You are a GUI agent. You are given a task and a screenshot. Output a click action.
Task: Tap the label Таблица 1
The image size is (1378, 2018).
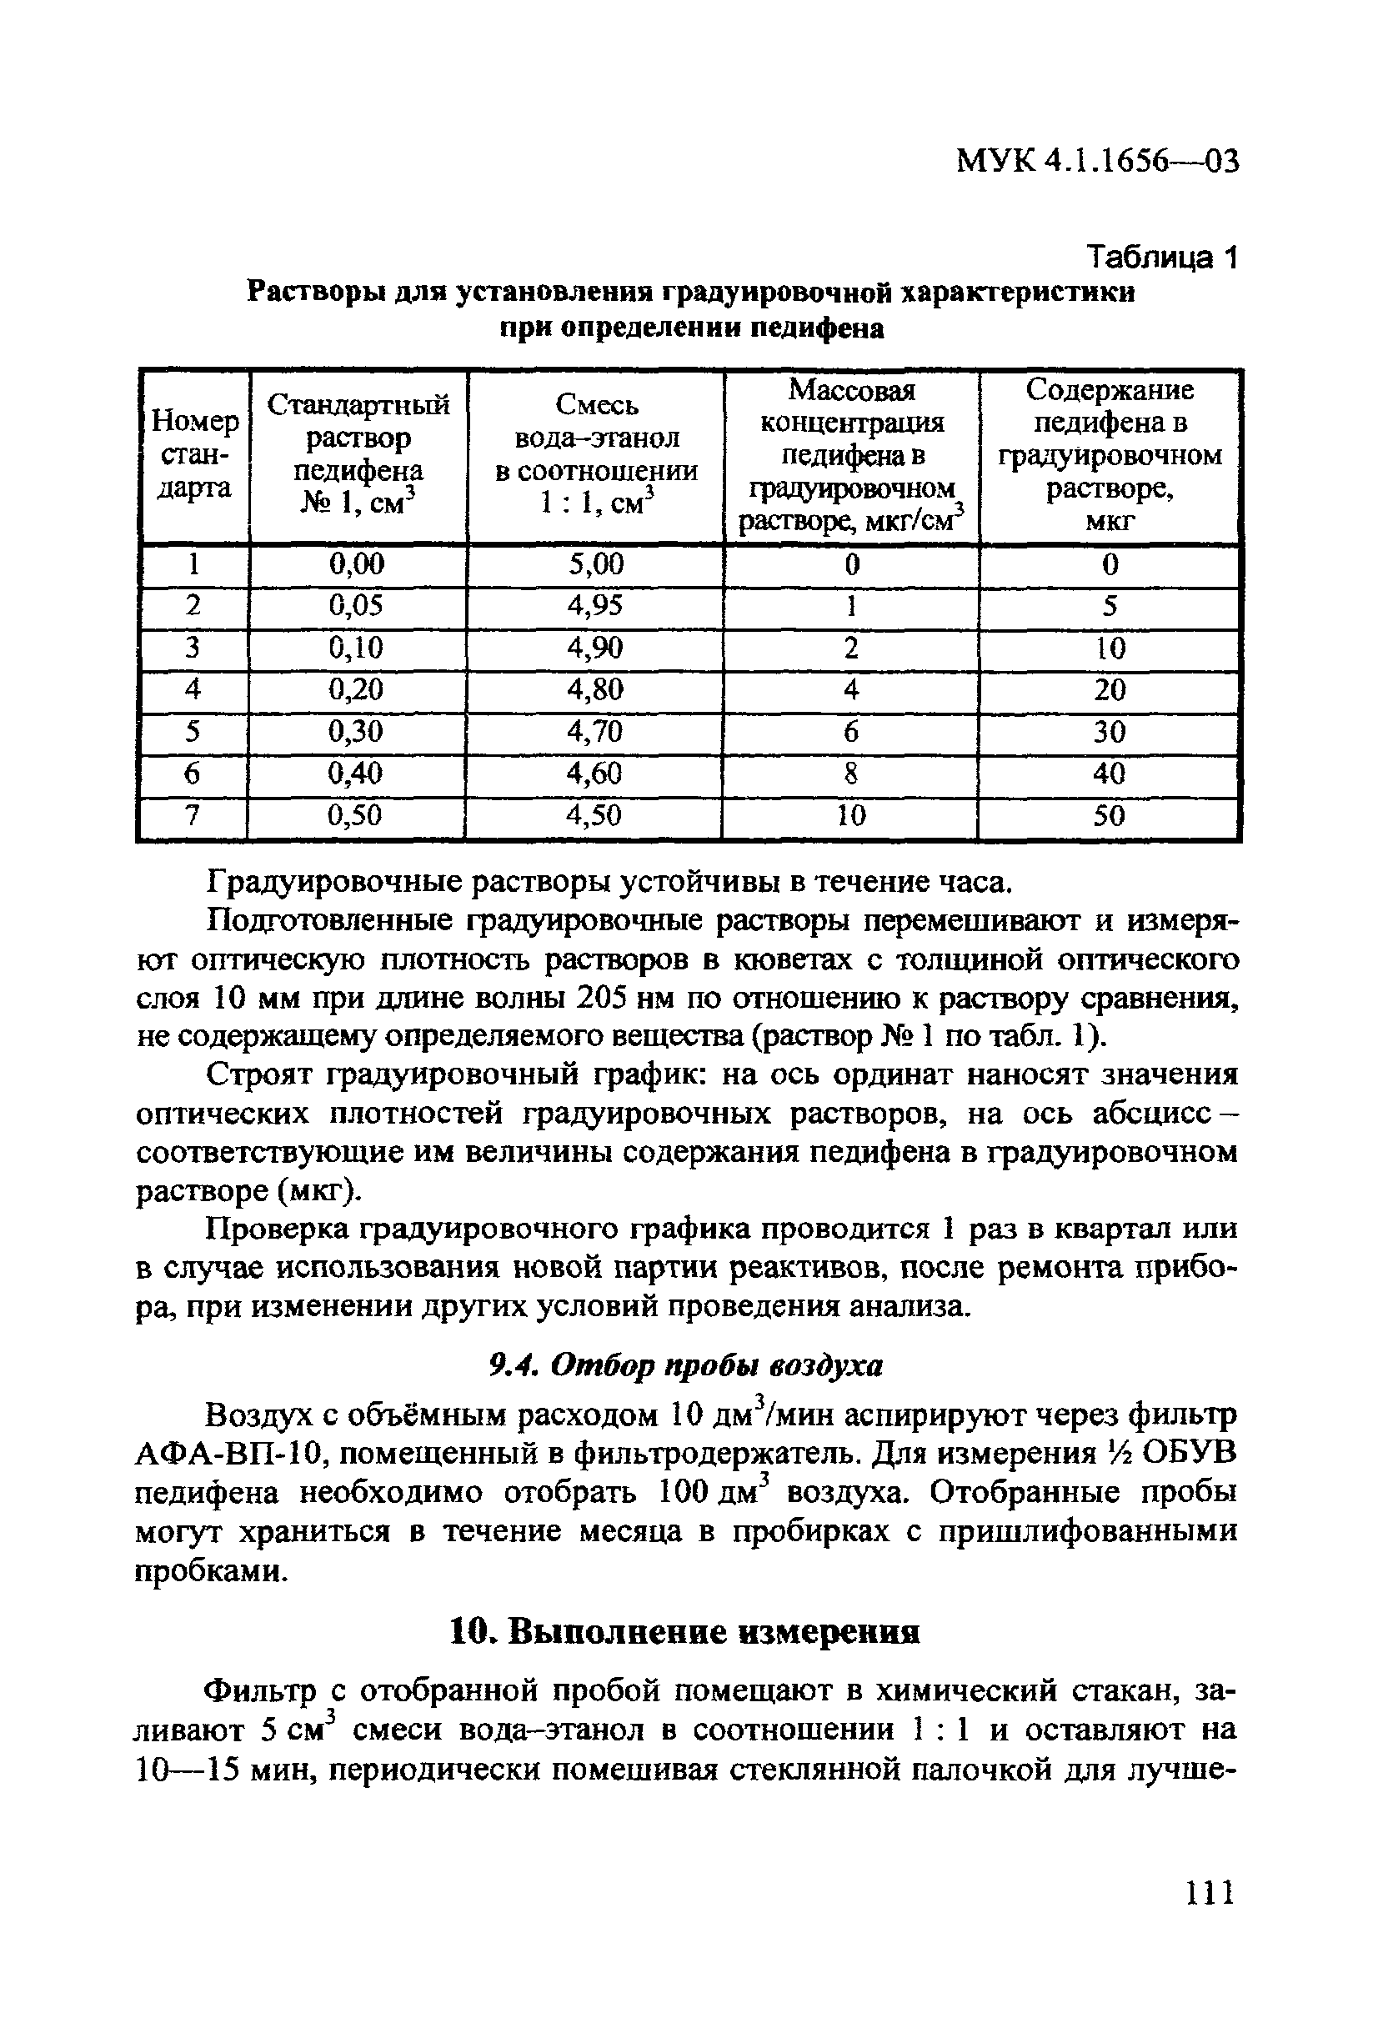click(x=1162, y=258)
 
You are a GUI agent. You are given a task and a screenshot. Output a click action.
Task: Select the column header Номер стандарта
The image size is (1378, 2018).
click(x=194, y=455)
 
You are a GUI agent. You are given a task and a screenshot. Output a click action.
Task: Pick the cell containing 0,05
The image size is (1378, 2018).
click(x=356, y=605)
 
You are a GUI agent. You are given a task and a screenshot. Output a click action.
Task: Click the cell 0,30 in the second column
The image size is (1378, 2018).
click(x=356, y=732)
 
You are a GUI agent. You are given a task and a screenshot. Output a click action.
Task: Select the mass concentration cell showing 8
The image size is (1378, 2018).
click(x=851, y=774)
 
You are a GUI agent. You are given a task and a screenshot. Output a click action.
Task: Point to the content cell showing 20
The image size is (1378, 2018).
click(x=1110, y=689)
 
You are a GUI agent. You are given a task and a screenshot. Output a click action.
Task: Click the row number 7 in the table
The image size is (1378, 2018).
click(x=193, y=815)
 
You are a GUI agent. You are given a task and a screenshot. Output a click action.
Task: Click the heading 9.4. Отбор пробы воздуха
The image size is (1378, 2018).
click(x=686, y=1367)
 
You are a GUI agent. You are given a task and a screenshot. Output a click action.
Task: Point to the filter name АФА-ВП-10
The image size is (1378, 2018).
click(x=230, y=1455)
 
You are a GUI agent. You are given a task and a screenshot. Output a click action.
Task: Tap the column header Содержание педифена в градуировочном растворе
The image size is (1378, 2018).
click(x=1110, y=455)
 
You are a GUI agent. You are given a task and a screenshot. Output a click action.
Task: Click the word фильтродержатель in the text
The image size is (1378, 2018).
click(x=708, y=1455)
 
